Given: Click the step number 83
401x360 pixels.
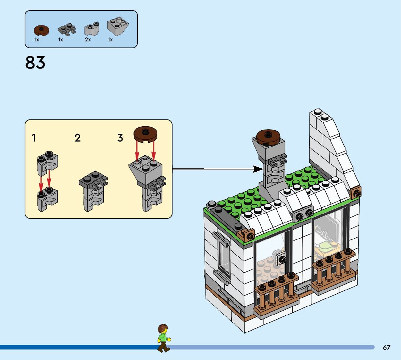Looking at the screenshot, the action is (35, 63).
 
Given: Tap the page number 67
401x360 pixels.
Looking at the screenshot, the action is (386, 347).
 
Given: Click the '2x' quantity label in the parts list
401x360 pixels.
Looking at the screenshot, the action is (88, 40).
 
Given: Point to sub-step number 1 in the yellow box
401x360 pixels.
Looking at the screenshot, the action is (34, 138).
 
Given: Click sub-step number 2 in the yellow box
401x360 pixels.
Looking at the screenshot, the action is (78, 138).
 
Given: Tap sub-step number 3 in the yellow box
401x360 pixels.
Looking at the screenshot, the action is (120, 138).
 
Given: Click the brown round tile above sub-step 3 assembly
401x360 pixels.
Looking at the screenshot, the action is (145, 134).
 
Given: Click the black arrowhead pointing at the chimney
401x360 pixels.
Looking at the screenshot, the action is (258, 169).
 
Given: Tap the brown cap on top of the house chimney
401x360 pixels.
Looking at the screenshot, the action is (268, 136).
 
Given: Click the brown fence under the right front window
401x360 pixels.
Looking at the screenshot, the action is (334, 269).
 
